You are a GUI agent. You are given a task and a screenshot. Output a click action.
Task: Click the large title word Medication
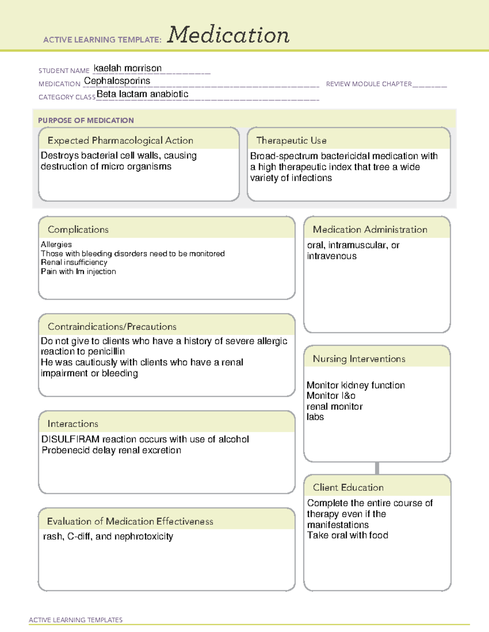(x=228, y=35)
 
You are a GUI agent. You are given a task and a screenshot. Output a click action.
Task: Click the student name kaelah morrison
(x=128, y=68)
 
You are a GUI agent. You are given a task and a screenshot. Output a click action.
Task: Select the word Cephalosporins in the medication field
(x=117, y=81)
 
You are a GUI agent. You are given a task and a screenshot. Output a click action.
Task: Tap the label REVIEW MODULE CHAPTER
(x=369, y=84)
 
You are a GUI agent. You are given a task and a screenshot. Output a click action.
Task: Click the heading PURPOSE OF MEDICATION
(x=86, y=120)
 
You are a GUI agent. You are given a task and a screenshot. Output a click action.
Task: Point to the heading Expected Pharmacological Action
(x=120, y=140)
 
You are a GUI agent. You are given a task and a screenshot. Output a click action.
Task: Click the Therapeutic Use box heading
(x=291, y=140)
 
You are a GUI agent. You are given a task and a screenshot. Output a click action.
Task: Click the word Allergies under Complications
(x=56, y=244)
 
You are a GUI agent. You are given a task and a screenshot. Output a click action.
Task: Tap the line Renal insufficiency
(x=74, y=262)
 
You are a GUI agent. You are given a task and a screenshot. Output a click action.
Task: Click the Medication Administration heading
(x=370, y=230)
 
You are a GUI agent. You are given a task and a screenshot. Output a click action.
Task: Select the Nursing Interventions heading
(x=359, y=359)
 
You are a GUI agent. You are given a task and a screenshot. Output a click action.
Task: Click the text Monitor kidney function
(x=355, y=385)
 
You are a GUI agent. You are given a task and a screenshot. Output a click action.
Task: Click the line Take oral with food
(x=347, y=535)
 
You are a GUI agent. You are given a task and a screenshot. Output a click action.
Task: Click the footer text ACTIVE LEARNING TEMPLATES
(x=76, y=620)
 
